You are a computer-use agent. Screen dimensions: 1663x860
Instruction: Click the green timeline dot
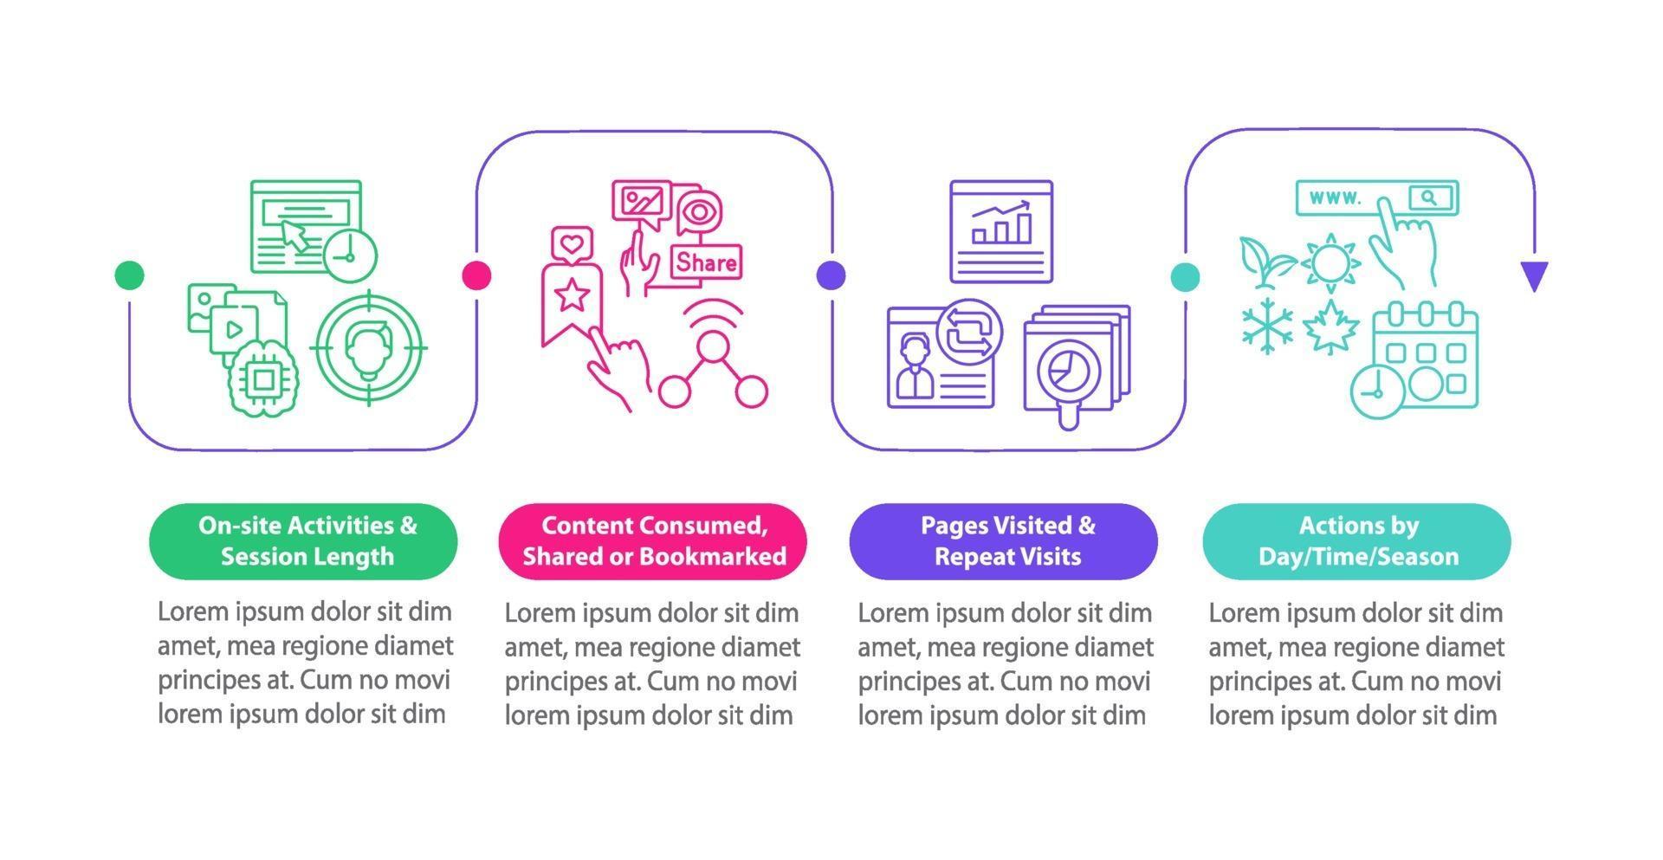129,275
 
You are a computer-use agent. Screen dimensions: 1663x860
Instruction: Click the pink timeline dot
476,275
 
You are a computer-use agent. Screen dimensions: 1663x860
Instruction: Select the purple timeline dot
831,275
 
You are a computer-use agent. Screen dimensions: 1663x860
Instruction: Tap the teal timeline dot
1185,276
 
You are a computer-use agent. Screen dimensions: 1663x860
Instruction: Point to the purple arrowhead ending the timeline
1534,275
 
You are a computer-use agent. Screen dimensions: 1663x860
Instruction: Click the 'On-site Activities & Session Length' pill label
304,541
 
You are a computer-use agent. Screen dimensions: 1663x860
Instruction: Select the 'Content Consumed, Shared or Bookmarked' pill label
653,541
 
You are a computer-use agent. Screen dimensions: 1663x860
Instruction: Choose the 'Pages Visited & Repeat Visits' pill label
1004,541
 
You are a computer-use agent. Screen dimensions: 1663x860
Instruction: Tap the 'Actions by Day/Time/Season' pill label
1357,541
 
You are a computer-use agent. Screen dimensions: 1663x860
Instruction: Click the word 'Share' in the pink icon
707,262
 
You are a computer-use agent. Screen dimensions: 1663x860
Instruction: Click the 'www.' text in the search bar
1335,198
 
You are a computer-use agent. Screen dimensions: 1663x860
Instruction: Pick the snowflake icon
1267,326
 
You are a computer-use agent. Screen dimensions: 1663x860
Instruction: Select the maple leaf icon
1330,327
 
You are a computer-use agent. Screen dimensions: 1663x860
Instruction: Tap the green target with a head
369,347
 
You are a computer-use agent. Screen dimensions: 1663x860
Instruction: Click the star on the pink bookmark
571,295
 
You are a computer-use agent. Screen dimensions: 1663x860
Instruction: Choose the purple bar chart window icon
1000,231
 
